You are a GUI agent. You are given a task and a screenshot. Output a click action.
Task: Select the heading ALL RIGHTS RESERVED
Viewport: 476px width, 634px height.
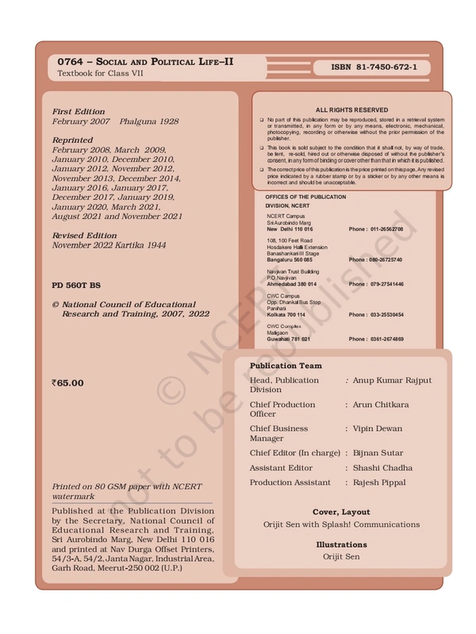click(351, 110)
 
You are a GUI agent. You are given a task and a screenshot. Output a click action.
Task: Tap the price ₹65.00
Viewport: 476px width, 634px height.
click(67, 383)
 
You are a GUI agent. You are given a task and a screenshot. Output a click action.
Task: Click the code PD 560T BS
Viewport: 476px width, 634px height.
click(76, 284)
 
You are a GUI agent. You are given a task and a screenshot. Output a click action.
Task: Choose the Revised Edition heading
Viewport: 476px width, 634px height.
click(84, 236)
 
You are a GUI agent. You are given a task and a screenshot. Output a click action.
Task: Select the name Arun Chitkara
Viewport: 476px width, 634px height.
click(381, 405)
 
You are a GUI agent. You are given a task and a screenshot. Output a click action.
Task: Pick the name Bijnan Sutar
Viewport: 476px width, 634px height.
click(379, 453)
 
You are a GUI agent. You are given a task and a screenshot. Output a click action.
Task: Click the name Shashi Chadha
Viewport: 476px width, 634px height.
click(383, 468)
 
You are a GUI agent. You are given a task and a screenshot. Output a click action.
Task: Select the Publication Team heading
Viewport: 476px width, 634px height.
click(286, 366)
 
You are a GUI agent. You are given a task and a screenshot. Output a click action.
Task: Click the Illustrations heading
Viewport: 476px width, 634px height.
click(341, 545)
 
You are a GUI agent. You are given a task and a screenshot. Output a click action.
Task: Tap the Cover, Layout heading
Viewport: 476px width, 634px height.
click(341, 513)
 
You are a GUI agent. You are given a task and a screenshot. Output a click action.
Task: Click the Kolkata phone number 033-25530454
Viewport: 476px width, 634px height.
click(376, 315)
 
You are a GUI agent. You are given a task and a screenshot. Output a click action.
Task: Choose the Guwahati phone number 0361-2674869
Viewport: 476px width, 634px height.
click(376, 339)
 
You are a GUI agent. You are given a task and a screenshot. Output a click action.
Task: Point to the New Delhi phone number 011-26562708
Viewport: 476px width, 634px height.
click(376, 229)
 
